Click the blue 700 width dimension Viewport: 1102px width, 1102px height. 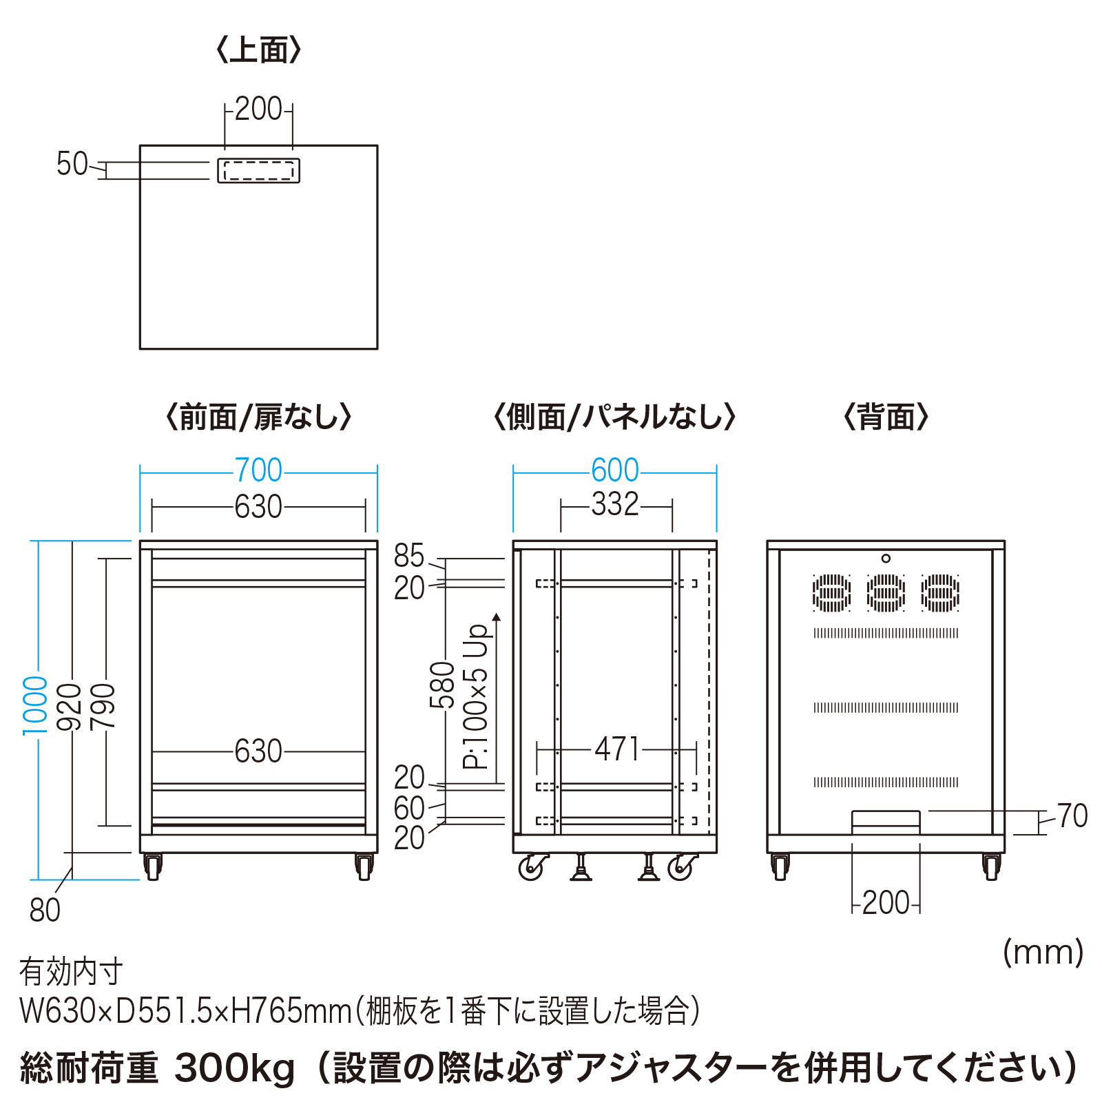258,470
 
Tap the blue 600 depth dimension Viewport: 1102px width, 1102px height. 615,470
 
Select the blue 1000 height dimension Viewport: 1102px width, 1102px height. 35,705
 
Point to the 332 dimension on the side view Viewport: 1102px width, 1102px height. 615,504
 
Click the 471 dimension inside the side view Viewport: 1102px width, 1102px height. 617,749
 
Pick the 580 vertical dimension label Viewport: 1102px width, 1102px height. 442,685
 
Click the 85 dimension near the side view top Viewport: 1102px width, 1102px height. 408,556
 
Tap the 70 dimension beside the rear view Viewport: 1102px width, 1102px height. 1072,816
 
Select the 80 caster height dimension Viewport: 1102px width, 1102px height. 45,911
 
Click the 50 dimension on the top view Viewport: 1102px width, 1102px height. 72,165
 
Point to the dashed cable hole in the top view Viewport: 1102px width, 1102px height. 259,171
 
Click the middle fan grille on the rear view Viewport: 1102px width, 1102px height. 886,593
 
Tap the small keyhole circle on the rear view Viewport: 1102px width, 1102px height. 886,559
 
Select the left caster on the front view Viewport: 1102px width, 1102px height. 153,866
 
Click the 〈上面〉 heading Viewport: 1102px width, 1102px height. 258,50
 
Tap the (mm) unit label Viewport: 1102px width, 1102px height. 1043,953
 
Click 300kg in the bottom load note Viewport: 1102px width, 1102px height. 235,1068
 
